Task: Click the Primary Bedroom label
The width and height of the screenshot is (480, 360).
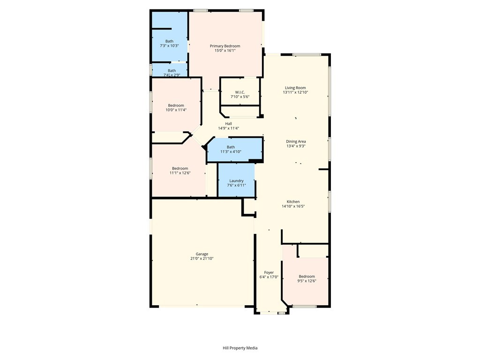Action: click(x=225, y=46)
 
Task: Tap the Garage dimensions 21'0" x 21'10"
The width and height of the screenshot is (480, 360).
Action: click(x=202, y=258)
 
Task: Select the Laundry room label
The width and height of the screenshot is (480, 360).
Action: click(x=236, y=180)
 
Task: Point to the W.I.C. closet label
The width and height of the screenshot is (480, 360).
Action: click(x=240, y=92)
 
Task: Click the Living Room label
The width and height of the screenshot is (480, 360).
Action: click(x=295, y=88)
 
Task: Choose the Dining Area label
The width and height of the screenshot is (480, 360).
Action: click(x=296, y=142)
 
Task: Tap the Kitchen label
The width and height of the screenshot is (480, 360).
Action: click(x=293, y=202)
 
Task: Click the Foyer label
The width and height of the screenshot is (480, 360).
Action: click(x=269, y=272)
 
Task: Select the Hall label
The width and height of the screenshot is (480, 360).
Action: click(x=228, y=124)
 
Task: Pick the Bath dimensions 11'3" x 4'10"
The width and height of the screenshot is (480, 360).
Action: click(x=231, y=151)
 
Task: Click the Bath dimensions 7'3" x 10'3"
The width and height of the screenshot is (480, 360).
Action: click(x=169, y=45)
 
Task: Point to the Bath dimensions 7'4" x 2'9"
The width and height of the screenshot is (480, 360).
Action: click(x=172, y=75)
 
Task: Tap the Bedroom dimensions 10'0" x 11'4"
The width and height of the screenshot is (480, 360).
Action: click(x=176, y=110)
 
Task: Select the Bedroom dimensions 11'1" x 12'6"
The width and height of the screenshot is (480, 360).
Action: click(x=180, y=173)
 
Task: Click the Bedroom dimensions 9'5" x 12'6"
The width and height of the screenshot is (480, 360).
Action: click(x=307, y=281)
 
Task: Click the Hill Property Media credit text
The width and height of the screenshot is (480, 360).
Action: click(x=240, y=348)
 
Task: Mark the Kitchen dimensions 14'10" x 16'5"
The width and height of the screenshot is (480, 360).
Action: click(x=293, y=206)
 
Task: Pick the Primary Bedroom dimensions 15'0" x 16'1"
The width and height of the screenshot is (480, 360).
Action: click(x=225, y=51)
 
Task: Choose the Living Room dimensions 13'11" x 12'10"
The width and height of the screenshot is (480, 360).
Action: click(x=295, y=92)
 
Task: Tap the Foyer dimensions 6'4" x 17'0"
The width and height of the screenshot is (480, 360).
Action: click(x=269, y=277)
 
